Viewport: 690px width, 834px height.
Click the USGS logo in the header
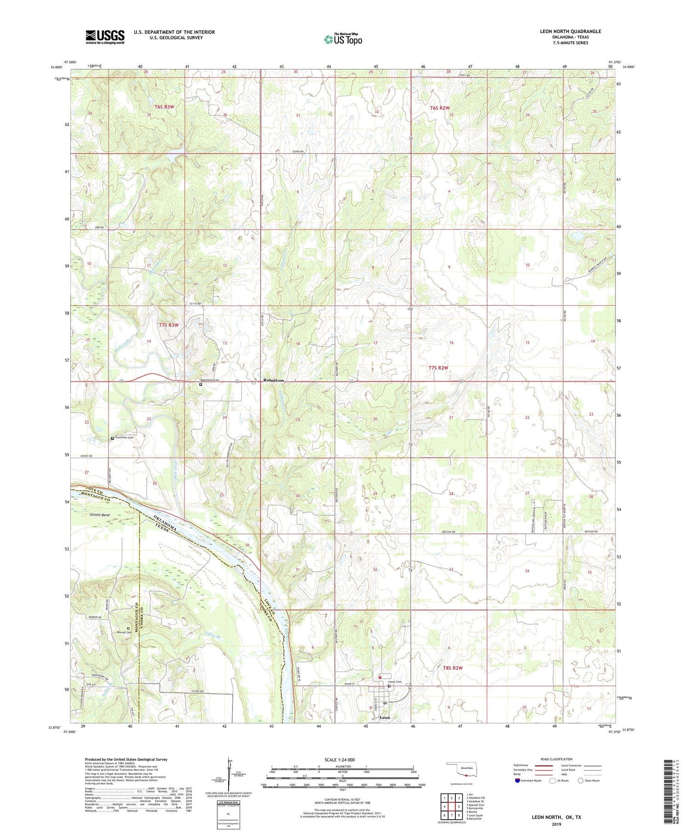pos(105,36)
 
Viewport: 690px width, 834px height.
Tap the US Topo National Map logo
pos(343,39)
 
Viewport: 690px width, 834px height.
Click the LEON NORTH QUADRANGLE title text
pos(570,31)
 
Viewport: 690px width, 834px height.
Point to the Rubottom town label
pos(273,381)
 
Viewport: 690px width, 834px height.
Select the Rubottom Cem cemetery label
pos(209,380)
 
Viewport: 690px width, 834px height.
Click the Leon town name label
pos(385,718)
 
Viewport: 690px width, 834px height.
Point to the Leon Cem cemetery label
pos(395,682)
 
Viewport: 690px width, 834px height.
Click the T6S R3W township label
pos(164,107)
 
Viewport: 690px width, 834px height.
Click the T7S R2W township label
pos(438,368)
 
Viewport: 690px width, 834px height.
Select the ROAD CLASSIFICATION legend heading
pos(557,759)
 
